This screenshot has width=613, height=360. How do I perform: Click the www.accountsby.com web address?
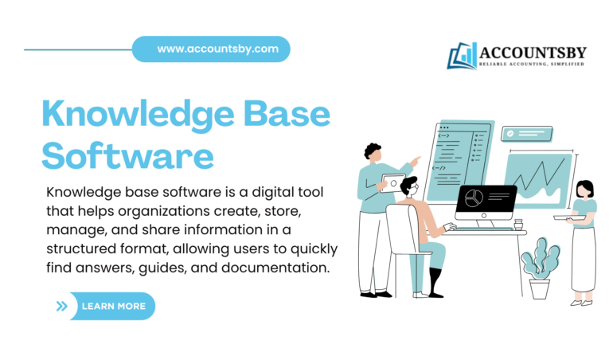(x=217, y=49)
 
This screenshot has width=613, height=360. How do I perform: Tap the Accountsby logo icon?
(x=462, y=56)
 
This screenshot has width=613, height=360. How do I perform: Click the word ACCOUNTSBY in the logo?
(x=533, y=53)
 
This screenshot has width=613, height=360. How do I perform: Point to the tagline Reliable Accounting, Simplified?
(x=533, y=64)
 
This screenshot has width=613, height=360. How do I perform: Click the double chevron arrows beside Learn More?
(x=62, y=306)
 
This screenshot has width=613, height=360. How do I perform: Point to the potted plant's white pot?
(x=540, y=288)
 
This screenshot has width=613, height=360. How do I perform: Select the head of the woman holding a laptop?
(x=584, y=189)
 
